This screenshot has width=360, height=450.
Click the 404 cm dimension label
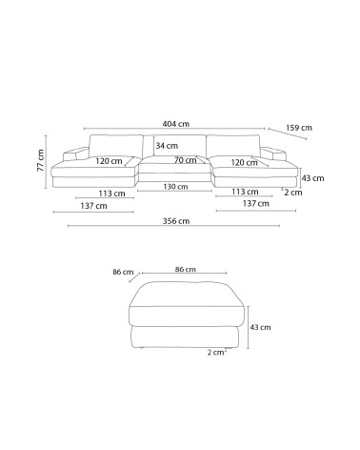point(176,124)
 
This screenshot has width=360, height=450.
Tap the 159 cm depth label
point(299,128)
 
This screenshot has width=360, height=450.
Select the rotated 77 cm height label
point(41,160)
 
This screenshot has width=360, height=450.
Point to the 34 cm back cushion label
point(167,146)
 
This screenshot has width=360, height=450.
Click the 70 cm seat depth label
point(186,160)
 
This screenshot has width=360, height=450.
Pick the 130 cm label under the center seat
point(175,187)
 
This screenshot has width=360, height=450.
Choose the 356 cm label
point(176,221)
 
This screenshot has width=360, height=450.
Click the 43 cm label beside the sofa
point(312,178)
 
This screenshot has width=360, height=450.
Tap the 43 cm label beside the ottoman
point(260,327)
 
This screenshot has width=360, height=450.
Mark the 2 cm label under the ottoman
point(217,353)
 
